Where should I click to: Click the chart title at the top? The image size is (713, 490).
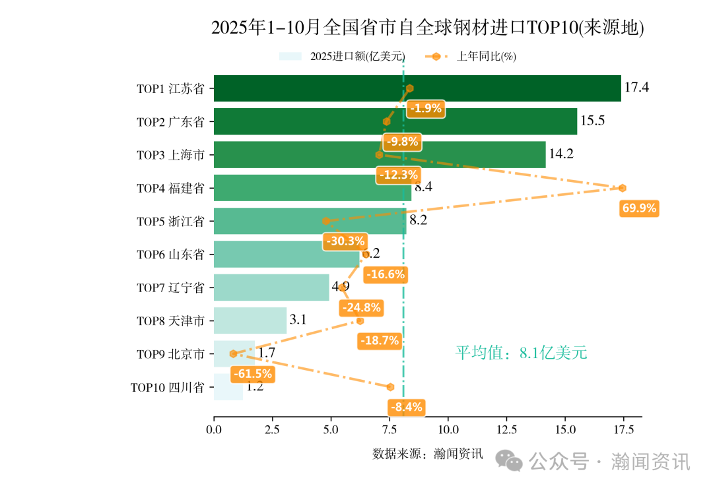tap(427, 28)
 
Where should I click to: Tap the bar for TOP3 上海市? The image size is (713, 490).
tap(380, 155)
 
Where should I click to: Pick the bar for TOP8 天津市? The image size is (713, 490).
tap(250, 321)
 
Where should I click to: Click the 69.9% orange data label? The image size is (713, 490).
tap(639, 208)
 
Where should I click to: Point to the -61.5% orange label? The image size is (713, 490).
tap(252, 374)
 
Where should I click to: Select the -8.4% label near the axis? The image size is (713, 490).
tap(406, 407)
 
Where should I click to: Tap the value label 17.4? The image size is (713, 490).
tap(636, 88)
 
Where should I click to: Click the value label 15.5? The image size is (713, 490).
tap(592, 121)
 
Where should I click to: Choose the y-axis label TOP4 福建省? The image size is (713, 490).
tap(170, 188)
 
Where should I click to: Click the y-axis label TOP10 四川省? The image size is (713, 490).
tap(167, 387)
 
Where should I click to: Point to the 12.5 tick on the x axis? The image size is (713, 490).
tap(506, 430)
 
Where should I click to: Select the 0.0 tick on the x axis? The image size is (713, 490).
tap(214, 430)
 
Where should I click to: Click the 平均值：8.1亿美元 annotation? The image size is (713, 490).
tap(521, 353)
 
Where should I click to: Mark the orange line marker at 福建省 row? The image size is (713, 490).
tap(622, 188)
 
